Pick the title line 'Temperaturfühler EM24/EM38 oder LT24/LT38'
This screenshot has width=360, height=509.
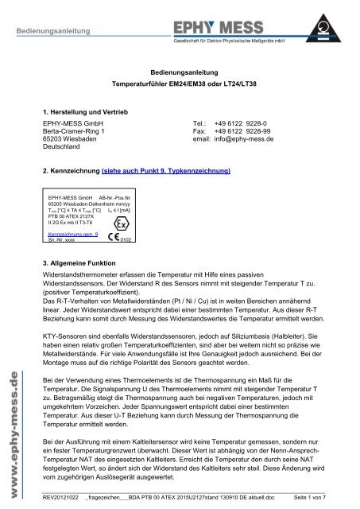(180, 83)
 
